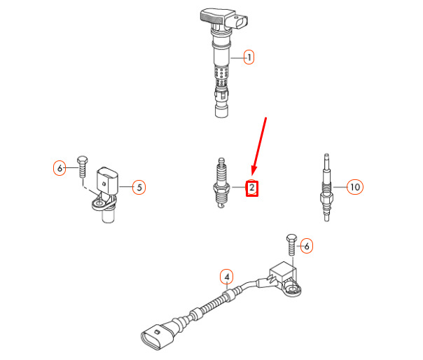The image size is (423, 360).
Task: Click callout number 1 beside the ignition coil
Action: click(x=249, y=57)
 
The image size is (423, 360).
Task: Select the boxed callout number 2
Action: click(x=251, y=188)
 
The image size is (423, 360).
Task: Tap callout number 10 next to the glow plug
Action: click(x=355, y=187)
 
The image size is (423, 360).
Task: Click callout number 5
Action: click(x=139, y=187)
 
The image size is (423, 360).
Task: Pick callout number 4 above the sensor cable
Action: click(x=227, y=277)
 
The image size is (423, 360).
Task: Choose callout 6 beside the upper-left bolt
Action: click(x=60, y=168)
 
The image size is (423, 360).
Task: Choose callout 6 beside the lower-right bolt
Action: click(x=307, y=246)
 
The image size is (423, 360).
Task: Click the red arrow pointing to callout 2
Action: click(x=259, y=146)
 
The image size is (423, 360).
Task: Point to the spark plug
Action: click(x=221, y=183)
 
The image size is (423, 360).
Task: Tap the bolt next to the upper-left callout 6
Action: click(x=82, y=166)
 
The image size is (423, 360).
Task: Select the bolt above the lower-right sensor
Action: click(x=291, y=244)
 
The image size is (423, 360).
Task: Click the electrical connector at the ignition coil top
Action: click(x=241, y=21)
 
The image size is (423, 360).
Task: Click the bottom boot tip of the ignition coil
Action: click(x=221, y=111)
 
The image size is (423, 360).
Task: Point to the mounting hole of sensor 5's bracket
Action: click(x=99, y=202)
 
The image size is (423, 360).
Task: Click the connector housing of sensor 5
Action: click(x=107, y=180)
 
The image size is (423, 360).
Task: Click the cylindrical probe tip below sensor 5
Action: click(x=109, y=216)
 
